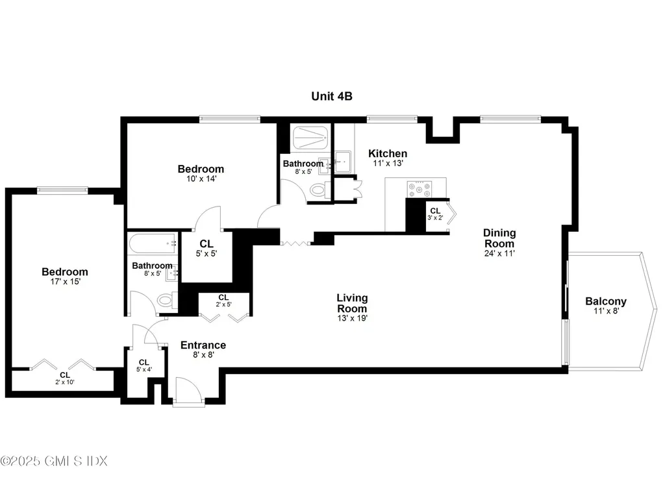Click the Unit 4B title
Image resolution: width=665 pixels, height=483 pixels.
coord(331,96)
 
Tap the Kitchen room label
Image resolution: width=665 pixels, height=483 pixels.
coord(388,153)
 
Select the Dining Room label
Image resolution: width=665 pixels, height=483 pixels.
coord(499,238)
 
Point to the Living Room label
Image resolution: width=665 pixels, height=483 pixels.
coord(352,303)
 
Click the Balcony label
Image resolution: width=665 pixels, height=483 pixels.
coord(605,301)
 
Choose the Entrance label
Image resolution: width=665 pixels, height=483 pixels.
coord(203,345)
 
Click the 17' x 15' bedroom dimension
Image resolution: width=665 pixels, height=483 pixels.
coord(64,283)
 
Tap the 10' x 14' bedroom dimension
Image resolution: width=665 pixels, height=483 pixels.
coord(201,179)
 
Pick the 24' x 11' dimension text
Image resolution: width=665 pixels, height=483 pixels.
coord(499,254)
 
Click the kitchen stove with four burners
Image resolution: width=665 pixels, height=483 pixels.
coord(419,189)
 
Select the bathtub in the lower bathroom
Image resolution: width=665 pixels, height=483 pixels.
coord(153,245)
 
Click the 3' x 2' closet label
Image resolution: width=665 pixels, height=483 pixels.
coord(435,214)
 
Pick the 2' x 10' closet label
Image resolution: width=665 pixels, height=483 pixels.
coord(65,378)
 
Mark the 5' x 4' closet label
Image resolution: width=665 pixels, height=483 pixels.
coord(144,366)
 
